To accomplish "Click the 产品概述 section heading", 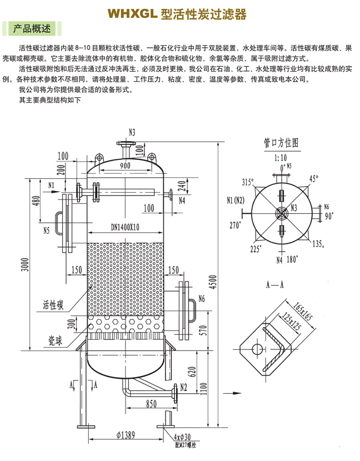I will click(x=32, y=28).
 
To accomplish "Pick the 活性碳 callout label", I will click(x=53, y=305).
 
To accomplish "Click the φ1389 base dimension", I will click(x=126, y=435).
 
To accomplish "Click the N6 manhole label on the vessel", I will click(x=201, y=299).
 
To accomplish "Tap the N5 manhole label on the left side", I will click(x=46, y=229).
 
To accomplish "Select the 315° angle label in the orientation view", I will click(x=247, y=182).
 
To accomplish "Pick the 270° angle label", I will click(x=237, y=226).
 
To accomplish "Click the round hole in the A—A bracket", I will click(x=257, y=348).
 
